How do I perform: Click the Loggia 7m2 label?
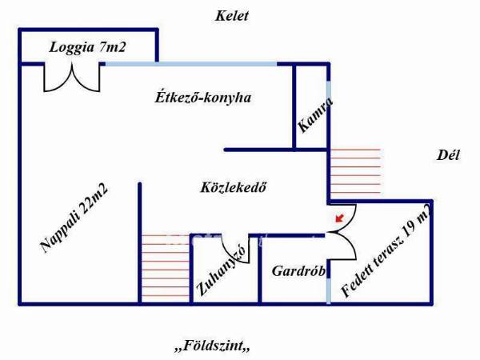pyautogui.click(x=87, y=48)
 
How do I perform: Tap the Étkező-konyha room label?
pyautogui.click(x=203, y=98)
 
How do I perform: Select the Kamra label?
pyautogui.click(x=315, y=115)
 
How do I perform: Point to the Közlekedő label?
pyautogui.click(x=234, y=187)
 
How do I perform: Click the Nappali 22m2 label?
pyautogui.click(x=74, y=218)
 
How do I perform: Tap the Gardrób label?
pyautogui.click(x=298, y=271)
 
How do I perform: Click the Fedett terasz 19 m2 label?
pyautogui.click(x=386, y=250)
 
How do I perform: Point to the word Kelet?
pyautogui.click(x=232, y=16)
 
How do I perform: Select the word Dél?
pyautogui.click(x=448, y=155)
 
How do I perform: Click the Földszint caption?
pyautogui.click(x=212, y=346)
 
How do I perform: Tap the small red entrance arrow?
pyautogui.click(x=339, y=218)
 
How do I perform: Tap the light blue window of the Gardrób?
pyautogui.click(x=329, y=291)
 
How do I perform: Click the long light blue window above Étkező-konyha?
pyautogui.click(x=191, y=64)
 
